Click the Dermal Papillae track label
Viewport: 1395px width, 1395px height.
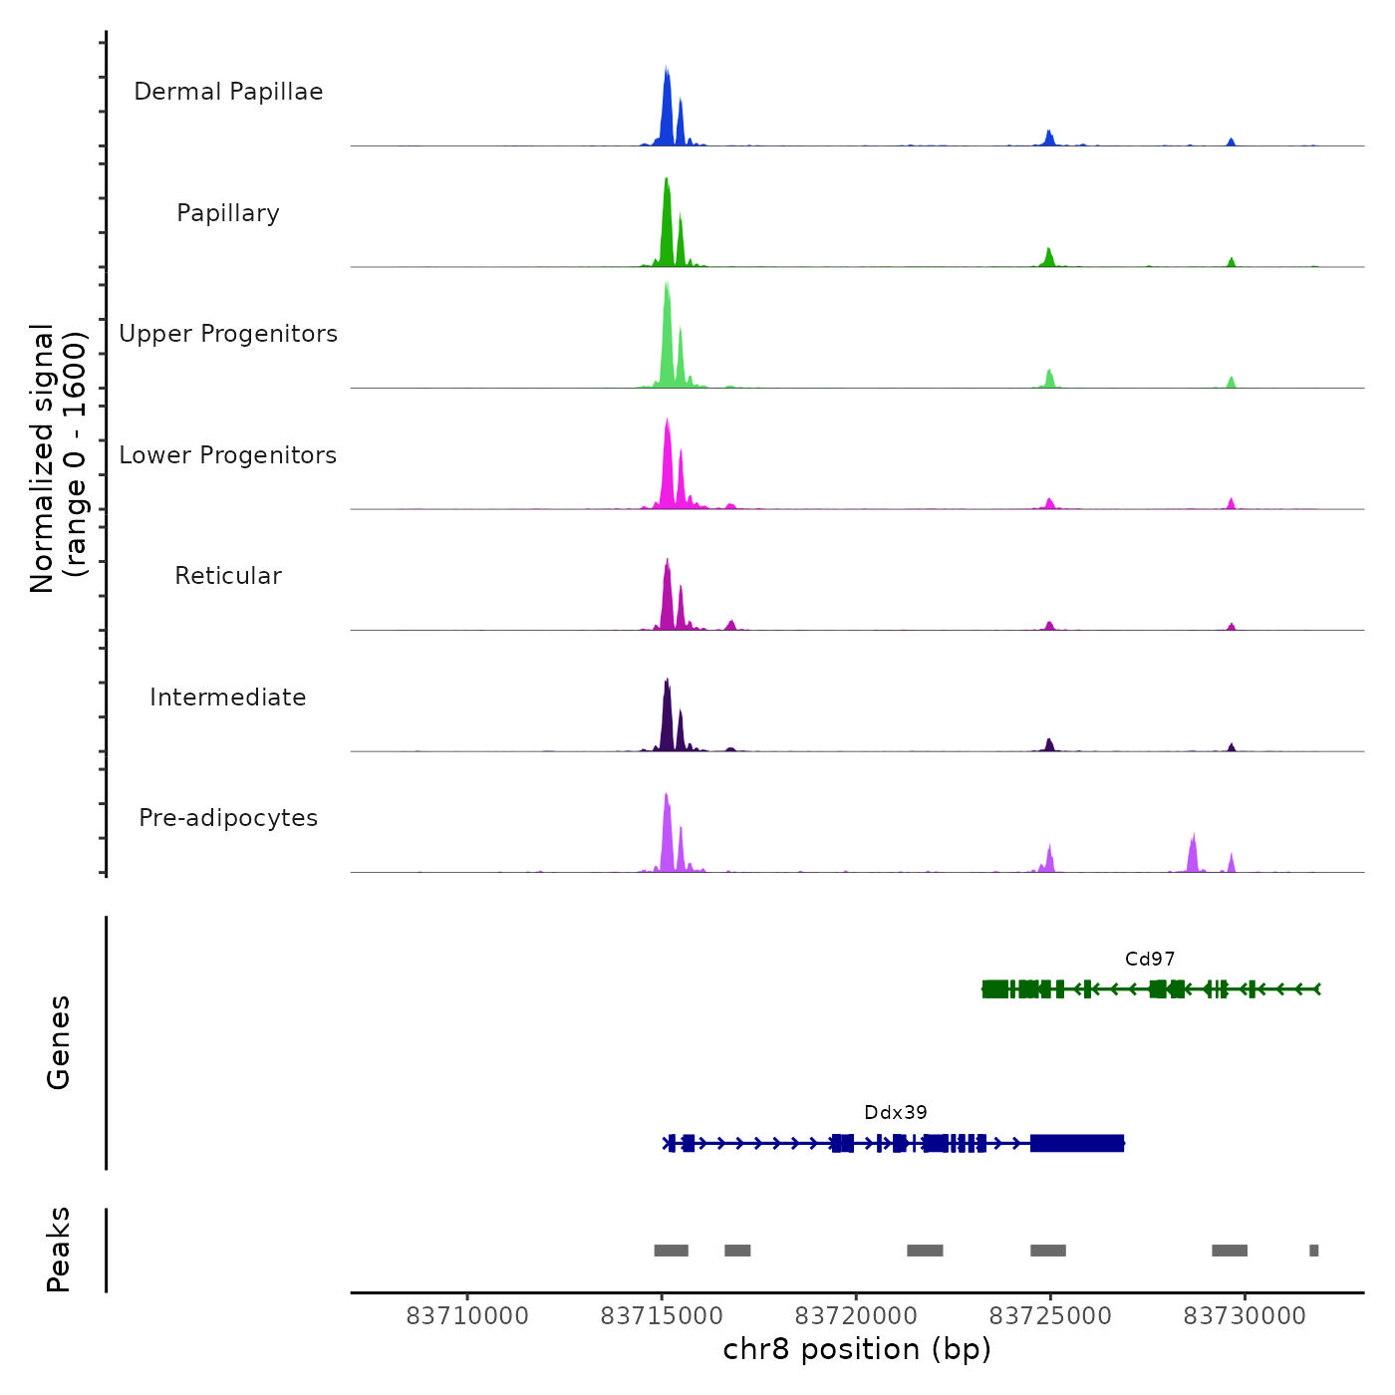(228, 92)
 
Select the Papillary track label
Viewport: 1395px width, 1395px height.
(228, 213)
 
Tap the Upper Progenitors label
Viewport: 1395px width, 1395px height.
(228, 334)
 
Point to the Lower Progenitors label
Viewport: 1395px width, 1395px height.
(228, 455)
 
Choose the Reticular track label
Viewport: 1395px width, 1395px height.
(228, 576)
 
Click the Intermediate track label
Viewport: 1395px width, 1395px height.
(228, 697)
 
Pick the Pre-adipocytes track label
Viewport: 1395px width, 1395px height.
(228, 818)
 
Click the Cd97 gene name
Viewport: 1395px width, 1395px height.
(1150, 960)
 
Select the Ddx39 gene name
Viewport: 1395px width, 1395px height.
(896, 1113)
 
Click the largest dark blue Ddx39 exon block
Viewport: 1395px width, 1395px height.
(1077, 1143)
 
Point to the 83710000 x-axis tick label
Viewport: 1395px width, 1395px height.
(467, 1316)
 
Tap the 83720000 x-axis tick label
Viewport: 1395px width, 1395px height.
(856, 1316)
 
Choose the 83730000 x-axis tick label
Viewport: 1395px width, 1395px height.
(1245, 1316)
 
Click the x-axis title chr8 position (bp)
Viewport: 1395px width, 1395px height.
(857, 1350)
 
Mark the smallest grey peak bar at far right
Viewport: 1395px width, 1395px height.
(1314, 1251)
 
